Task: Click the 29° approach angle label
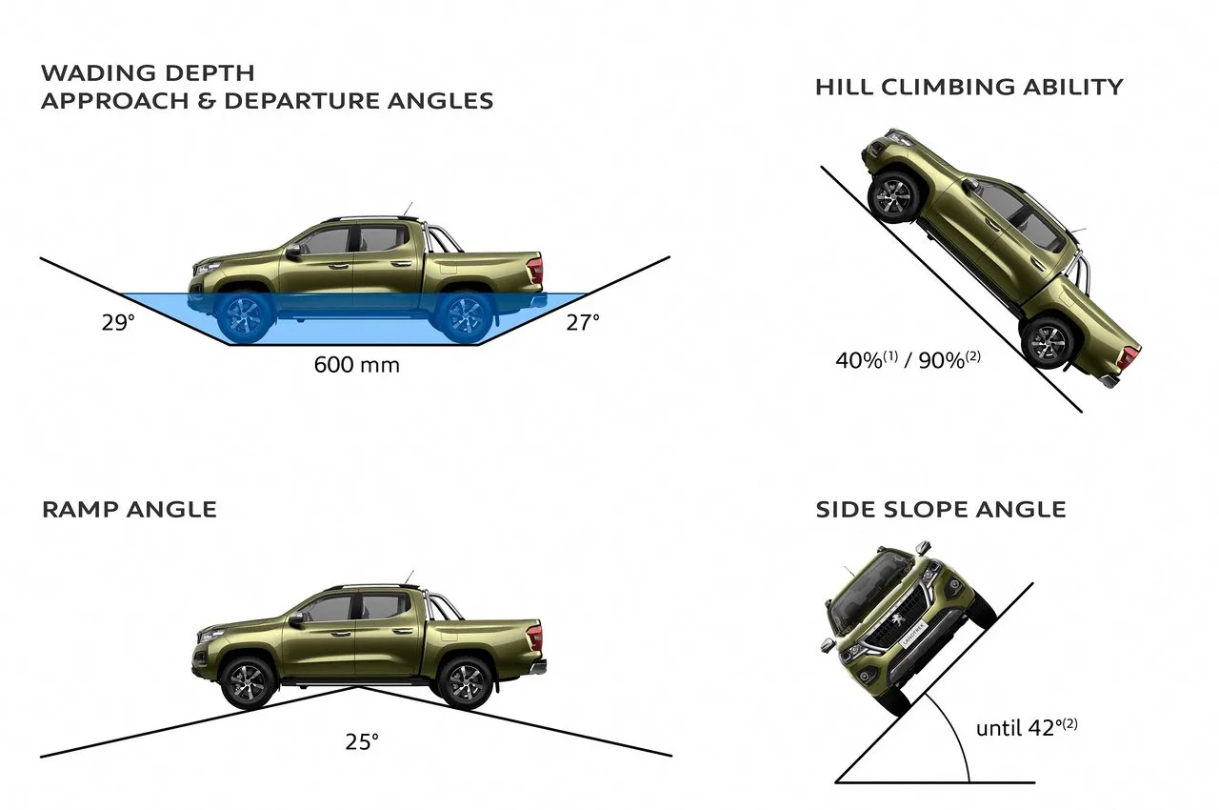pyautogui.click(x=118, y=323)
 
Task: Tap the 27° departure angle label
pyautogui.click(x=583, y=323)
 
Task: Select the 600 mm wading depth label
pyautogui.click(x=357, y=365)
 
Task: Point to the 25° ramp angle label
pyautogui.click(x=362, y=741)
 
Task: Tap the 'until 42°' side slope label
pyautogui.click(x=1027, y=727)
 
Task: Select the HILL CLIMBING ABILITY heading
pyautogui.click(x=969, y=87)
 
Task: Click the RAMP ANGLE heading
pyautogui.click(x=130, y=510)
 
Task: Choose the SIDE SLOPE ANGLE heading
pyautogui.click(x=941, y=510)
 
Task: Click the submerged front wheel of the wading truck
pyautogui.click(x=245, y=316)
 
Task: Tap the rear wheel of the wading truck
pyautogui.click(x=466, y=316)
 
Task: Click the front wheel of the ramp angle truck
pyautogui.click(x=249, y=682)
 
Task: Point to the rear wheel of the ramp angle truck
pyautogui.click(x=466, y=682)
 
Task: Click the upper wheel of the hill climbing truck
pyautogui.click(x=893, y=197)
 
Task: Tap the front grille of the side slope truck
pyautogui.click(x=894, y=620)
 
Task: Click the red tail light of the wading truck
pyautogui.click(x=535, y=270)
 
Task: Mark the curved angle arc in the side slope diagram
pyautogui.click(x=954, y=733)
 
